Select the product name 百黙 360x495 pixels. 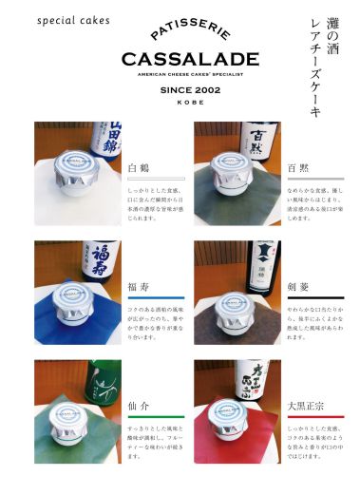point(297,167)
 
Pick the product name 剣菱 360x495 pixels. point(297,286)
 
